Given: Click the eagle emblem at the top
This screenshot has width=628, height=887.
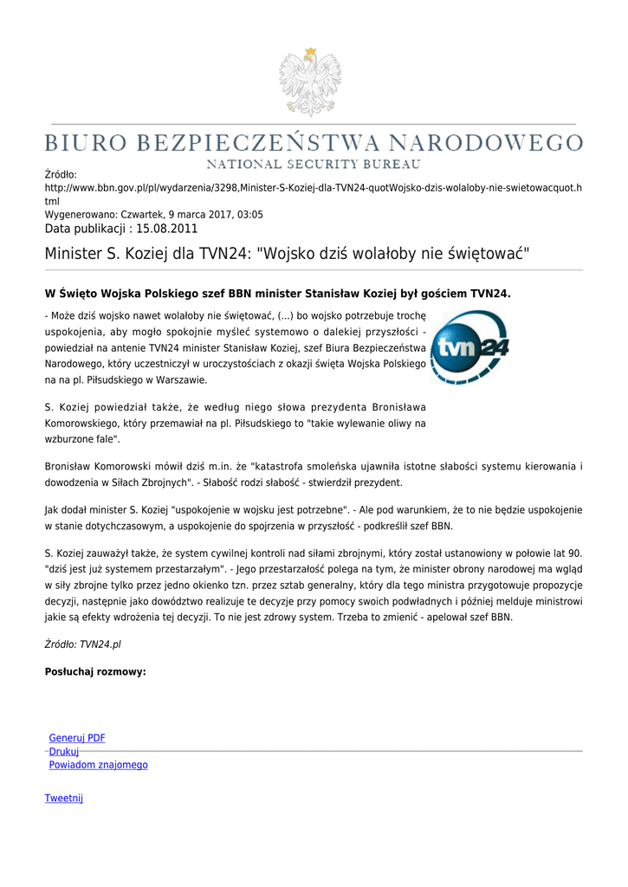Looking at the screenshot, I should (309, 83).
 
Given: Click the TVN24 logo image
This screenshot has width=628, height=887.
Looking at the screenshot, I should (469, 347).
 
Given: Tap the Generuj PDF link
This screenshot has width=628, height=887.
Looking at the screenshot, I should (77, 738).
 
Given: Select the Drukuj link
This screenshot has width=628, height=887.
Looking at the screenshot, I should (64, 752).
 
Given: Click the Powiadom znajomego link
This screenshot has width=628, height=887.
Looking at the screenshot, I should (98, 765).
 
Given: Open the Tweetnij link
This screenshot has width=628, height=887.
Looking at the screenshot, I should (64, 798).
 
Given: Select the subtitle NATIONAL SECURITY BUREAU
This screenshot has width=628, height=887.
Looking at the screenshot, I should (313, 163).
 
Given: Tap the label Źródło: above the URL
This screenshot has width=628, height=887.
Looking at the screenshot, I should (61, 175).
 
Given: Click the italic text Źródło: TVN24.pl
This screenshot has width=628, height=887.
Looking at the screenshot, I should (82, 644).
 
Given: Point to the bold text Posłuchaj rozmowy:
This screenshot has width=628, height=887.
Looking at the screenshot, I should (95, 671).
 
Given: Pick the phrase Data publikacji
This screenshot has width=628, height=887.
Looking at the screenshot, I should (84, 229).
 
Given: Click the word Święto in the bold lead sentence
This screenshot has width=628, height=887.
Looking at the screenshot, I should (78, 294).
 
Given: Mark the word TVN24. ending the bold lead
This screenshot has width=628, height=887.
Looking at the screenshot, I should (490, 294).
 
